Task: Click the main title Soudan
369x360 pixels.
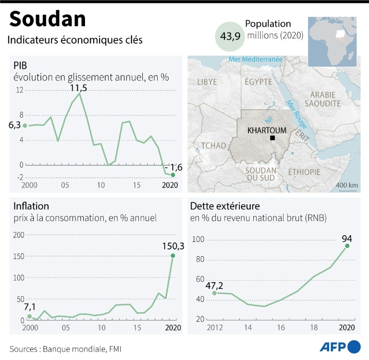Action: (48, 19)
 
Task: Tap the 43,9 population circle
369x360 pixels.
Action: (230, 37)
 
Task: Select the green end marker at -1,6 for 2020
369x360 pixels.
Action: (173, 174)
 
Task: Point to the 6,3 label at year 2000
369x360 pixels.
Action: (15, 125)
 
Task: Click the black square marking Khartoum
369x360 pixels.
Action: (272, 138)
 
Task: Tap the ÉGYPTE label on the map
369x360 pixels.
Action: (258, 82)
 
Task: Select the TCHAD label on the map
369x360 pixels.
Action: (213, 146)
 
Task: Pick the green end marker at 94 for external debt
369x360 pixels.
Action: (347, 246)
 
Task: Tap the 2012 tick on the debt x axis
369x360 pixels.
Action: (214, 328)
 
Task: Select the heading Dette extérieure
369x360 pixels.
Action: (225, 206)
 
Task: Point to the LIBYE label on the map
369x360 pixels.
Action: (207, 82)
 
